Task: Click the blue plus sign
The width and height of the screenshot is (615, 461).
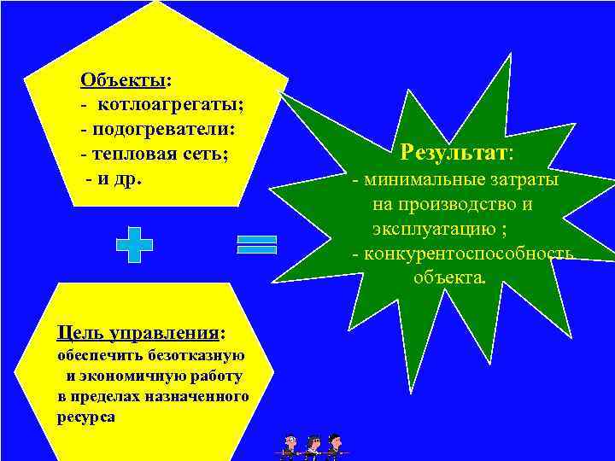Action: point(134,244)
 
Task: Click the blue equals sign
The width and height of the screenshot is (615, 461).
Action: point(257,244)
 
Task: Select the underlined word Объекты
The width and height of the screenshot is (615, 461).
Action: point(123,80)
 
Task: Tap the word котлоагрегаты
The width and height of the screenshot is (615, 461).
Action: point(171,105)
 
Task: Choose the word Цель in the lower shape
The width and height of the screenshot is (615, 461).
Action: point(74,330)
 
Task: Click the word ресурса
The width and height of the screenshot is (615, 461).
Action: point(85,418)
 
